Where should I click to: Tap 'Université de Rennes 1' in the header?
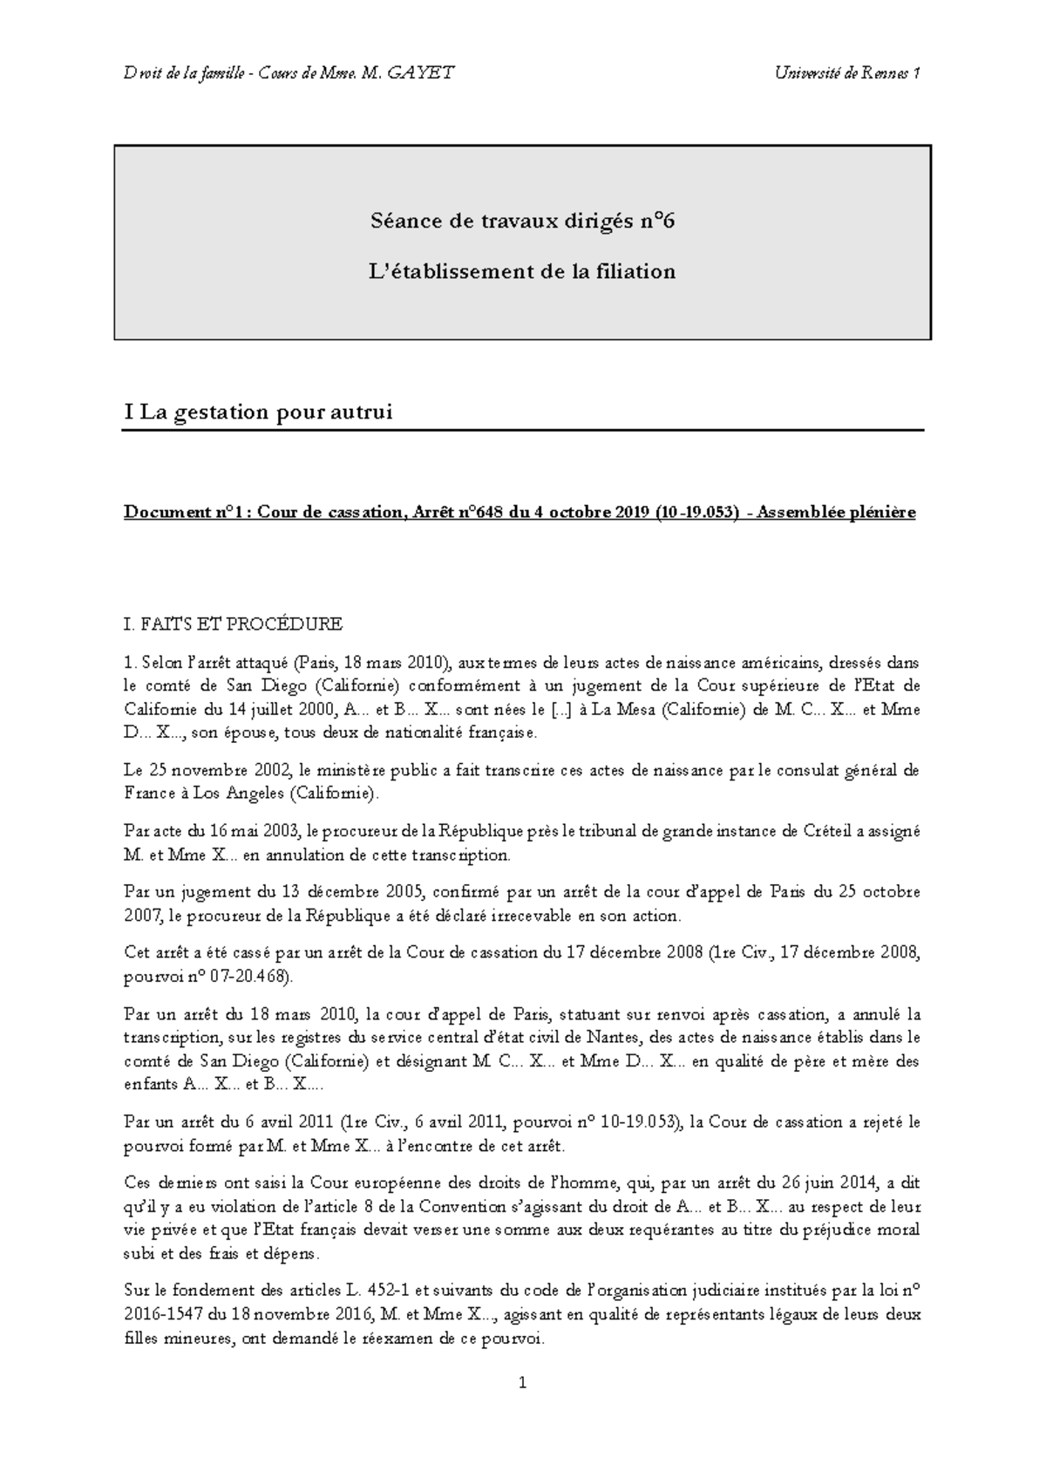point(847,73)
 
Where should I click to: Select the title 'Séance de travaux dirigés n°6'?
point(522,221)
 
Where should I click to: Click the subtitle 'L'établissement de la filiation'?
point(522,271)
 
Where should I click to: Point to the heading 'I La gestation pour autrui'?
point(259,412)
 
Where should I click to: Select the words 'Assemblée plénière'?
point(836,513)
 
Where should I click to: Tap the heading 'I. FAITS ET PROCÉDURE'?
point(234,624)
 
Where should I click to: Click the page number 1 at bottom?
point(522,1383)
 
